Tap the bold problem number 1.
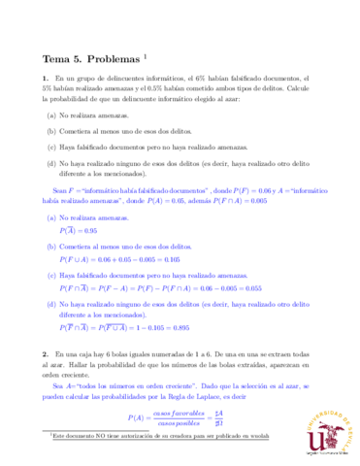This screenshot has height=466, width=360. click(x=45, y=79)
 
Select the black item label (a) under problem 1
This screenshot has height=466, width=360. click(x=51, y=115)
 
